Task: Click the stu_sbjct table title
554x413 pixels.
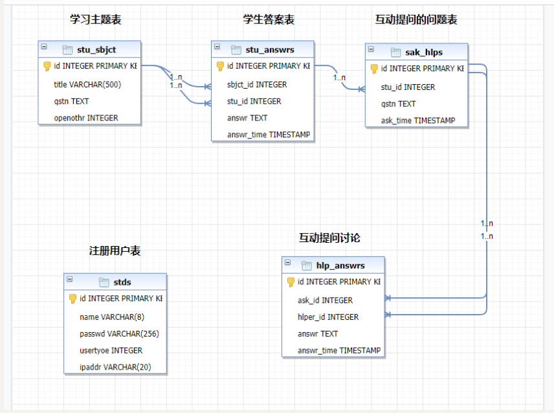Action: point(96,50)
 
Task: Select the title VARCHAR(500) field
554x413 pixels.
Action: point(87,84)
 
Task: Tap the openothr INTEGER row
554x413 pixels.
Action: point(86,118)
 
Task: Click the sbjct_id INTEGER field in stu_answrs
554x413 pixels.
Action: point(257,84)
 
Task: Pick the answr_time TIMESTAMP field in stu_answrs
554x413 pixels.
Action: point(269,135)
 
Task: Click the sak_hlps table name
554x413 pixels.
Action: point(424,52)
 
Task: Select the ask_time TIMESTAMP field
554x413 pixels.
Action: point(418,120)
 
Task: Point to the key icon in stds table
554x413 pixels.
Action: point(72,298)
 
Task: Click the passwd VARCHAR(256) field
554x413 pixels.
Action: point(120,333)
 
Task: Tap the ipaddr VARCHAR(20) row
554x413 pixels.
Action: point(115,367)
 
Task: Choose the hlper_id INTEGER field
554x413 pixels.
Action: point(328,317)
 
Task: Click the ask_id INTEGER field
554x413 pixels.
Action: point(325,300)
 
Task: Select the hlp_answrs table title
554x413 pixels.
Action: point(340,265)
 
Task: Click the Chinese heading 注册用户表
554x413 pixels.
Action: point(115,251)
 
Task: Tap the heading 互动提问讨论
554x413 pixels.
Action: point(329,238)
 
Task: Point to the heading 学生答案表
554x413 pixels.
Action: point(269,19)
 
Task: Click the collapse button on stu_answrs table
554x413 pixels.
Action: point(217,47)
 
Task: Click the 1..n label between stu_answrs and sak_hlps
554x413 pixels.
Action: point(339,78)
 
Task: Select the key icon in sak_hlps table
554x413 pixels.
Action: point(374,69)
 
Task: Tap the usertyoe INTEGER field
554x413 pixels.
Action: point(111,350)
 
